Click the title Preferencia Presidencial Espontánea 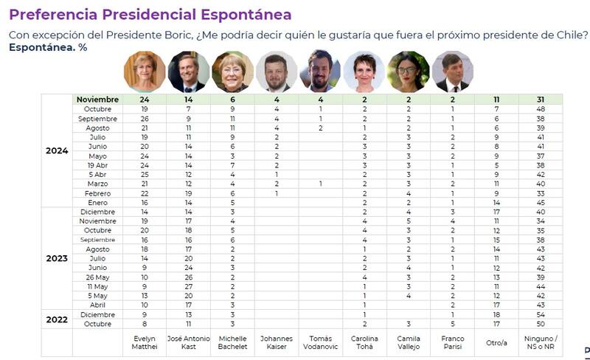[150, 14]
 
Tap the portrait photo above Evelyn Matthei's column [144, 72]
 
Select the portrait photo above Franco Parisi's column [452, 72]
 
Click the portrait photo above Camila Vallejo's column [408, 72]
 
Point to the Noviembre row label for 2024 [97, 99]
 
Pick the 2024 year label [57, 151]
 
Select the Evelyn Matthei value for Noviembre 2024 [144, 99]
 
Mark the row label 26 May [97, 276]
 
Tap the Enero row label [97, 202]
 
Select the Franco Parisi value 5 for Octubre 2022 [452, 323]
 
